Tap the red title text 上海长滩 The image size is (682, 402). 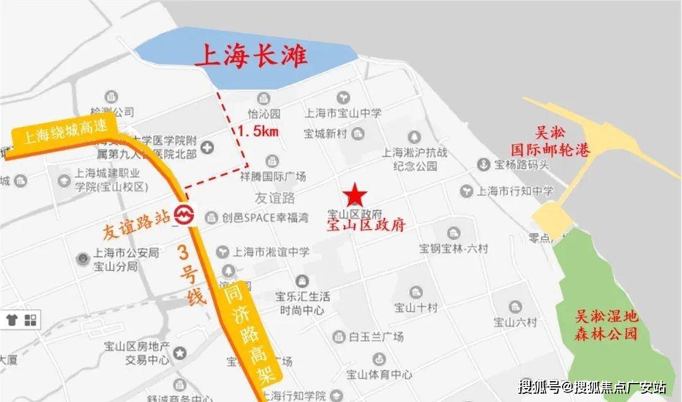(251, 58)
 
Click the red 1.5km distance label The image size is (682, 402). (258, 132)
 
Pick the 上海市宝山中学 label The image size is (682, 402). (343, 113)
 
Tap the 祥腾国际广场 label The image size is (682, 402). (273, 176)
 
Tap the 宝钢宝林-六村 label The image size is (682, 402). (453, 248)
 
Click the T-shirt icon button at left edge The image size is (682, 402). (11, 320)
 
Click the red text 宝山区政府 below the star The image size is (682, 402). (365, 225)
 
